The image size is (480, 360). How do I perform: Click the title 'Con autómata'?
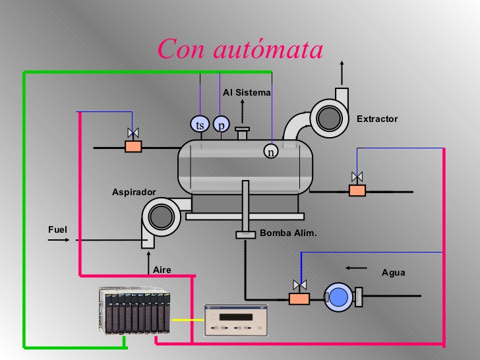point(240,49)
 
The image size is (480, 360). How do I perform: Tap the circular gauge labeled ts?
point(199,124)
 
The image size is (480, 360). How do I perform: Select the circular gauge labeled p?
point(221,124)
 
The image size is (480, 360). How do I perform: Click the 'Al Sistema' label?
point(247,93)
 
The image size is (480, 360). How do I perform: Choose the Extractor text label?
point(377,119)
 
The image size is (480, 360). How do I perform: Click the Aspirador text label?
point(134,192)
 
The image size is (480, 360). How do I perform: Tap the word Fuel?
point(58,229)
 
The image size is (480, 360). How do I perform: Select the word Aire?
point(162,270)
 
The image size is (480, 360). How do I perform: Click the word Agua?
point(394,272)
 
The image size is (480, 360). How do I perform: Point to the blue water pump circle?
point(337,297)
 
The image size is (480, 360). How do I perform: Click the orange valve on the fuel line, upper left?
point(133,146)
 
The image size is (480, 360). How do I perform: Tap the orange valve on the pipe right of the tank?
point(357,190)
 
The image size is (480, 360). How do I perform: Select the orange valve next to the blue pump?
point(299,298)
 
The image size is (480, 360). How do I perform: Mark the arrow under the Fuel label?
point(59,241)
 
